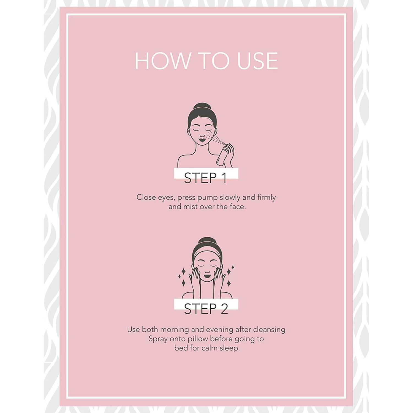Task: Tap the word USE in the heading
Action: point(257,61)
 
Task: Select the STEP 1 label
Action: point(205,178)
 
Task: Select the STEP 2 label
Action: point(206,309)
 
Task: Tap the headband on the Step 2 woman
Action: point(207,253)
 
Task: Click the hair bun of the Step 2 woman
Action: point(207,241)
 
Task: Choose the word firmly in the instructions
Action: point(267,197)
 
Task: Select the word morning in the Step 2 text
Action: point(174,330)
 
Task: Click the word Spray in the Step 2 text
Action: point(158,339)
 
